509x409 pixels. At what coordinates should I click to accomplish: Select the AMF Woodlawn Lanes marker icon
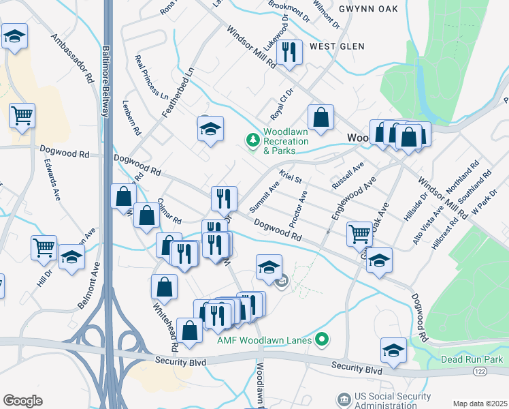(324, 339)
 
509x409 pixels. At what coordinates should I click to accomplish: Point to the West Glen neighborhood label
(334, 46)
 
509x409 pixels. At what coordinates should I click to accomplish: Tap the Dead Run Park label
(471, 359)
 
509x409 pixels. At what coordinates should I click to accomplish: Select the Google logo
(22, 400)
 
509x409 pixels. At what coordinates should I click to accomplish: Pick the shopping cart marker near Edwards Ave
(22, 115)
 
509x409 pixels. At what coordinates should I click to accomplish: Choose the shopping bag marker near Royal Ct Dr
(321, 117)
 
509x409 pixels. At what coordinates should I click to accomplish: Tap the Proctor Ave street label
(298, 209)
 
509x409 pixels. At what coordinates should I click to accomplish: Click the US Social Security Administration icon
(344, 398)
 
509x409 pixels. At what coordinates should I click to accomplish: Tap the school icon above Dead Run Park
(393, 349)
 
